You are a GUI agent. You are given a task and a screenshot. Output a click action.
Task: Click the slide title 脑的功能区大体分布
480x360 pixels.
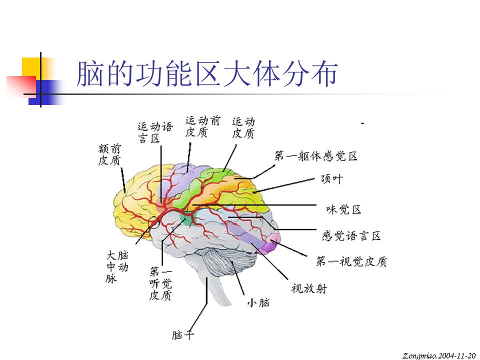207,73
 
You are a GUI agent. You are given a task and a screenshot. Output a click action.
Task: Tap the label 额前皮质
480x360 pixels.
109,154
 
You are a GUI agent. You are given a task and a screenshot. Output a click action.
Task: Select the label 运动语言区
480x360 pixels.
155,132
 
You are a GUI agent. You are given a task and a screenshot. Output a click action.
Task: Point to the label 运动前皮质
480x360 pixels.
202,126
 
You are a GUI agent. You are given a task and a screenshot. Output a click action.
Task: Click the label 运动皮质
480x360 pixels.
243,127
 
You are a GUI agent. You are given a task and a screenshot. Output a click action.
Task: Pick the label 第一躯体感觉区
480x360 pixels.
315,156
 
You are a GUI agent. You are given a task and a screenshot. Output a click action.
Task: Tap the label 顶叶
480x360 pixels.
332,179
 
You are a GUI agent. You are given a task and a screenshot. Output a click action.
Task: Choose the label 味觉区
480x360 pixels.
343,209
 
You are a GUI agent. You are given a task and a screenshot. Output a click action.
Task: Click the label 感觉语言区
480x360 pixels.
351,236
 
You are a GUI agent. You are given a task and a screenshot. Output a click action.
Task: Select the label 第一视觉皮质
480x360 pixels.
351,261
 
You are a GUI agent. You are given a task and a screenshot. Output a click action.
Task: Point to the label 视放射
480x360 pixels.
309,288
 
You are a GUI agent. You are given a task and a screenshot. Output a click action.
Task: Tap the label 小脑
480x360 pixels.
258,303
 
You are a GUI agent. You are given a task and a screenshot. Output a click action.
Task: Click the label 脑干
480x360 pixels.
183,335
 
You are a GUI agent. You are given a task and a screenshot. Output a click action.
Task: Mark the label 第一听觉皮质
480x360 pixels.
160,283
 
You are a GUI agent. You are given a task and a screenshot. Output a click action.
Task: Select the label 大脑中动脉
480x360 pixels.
117,266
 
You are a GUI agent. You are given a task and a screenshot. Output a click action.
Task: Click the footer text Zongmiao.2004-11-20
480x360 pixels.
439,355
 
